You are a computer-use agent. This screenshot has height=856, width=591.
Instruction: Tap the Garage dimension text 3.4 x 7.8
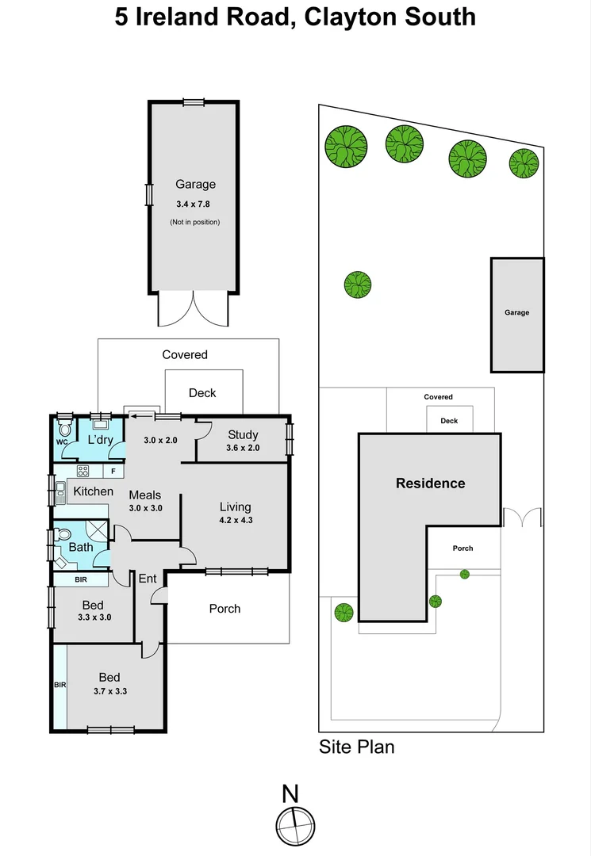point(195,204)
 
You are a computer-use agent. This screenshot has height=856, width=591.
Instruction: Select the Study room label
point(242,434)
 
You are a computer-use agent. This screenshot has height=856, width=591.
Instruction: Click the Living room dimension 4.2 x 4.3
point(235,521)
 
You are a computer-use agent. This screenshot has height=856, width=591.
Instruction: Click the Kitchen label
point(94,491)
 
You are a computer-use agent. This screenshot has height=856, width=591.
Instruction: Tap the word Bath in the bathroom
point(81,547)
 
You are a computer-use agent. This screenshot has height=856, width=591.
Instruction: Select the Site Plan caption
point(356,747)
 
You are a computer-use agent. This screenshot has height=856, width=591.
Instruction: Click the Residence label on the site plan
point(430,483)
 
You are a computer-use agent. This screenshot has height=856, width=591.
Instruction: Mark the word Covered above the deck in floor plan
point(185,354)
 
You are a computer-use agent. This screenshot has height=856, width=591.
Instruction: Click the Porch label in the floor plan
point(225,609)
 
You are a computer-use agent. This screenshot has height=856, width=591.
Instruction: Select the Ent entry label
point(148,579)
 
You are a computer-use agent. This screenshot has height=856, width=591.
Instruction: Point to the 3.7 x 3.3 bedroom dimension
point(109,690)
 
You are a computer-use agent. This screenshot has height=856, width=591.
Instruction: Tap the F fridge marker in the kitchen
point(113,472)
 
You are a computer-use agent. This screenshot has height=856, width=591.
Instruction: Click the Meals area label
point(145,494)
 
